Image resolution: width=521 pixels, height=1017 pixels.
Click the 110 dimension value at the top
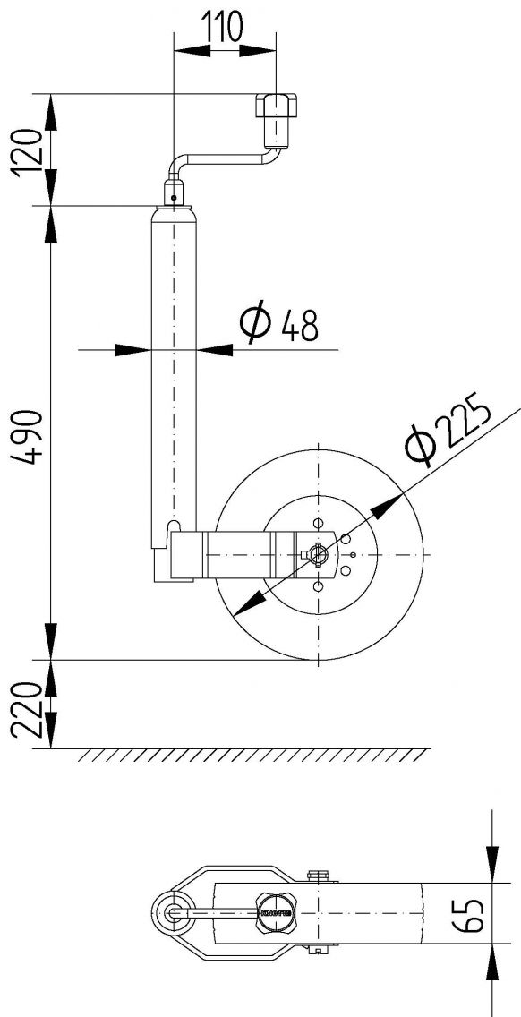(223, 29)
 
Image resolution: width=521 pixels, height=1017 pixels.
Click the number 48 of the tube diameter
(299, 327)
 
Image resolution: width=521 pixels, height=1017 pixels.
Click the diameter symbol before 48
(254, 324)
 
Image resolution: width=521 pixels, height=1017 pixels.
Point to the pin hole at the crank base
(173, 199)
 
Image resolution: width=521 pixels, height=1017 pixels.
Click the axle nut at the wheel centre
(316, 555)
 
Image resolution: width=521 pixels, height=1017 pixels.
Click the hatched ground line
(251, 755)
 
